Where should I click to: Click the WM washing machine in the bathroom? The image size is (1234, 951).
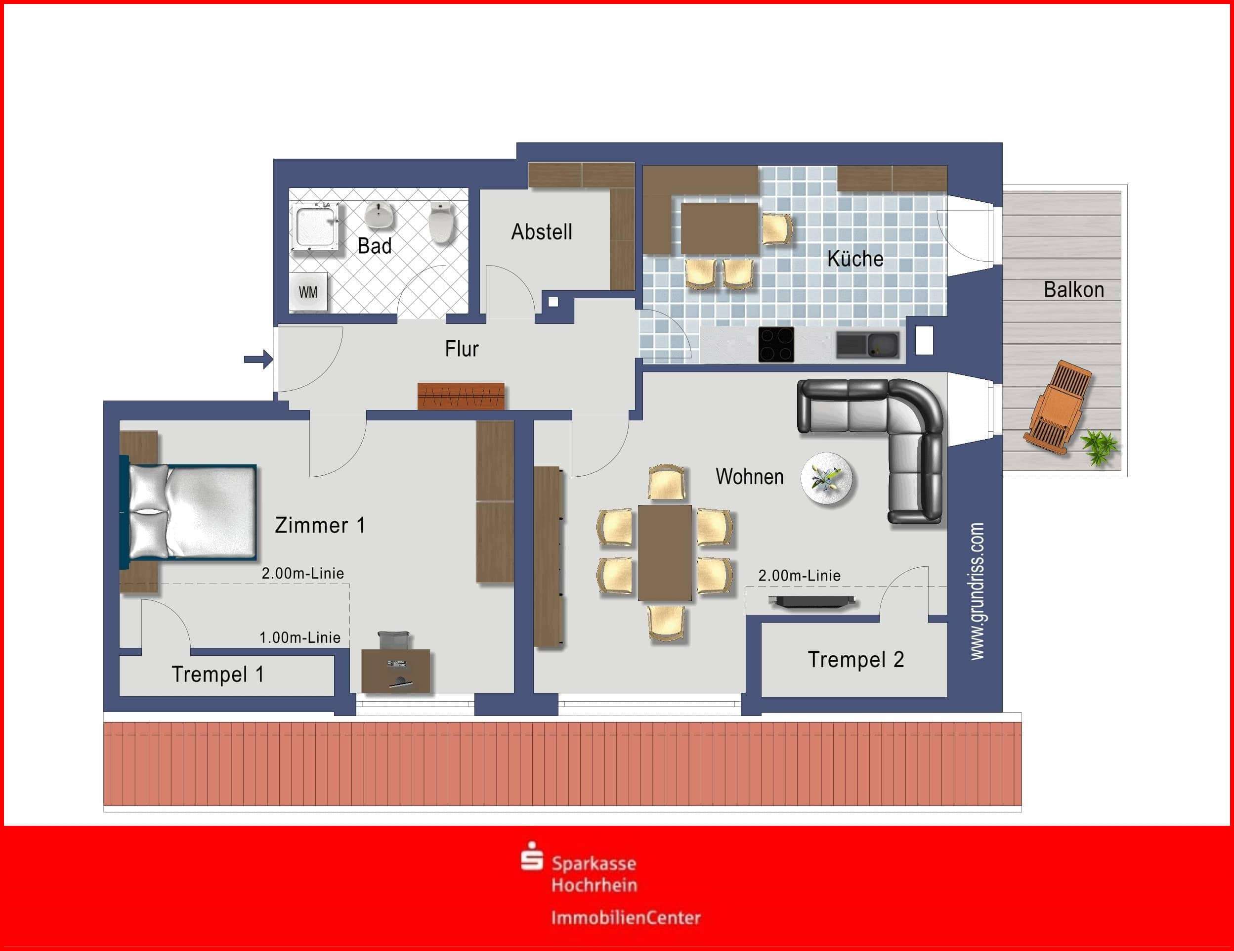coord(308,292)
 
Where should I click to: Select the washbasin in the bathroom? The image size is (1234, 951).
coord(380,216)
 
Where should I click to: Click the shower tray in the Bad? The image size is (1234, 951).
coord(316,228)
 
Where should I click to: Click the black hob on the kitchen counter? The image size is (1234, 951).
coord(776,344)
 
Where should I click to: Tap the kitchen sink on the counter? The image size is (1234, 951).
coord(867,345)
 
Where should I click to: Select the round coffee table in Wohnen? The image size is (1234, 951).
coord(828,478)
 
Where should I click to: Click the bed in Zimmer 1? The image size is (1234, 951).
coord(189,512)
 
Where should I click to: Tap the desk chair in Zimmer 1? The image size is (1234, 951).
coord(393,640)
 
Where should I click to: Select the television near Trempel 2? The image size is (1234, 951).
coord(812,601)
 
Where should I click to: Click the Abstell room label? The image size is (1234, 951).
coord(541,232)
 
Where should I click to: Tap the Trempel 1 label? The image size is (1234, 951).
coord(217,674)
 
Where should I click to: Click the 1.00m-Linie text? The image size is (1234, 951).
coord(299,638)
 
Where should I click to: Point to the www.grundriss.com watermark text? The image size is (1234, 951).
coord(977,591)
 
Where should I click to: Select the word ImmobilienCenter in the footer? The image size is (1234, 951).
coord(626,917)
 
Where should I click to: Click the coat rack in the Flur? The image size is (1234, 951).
coord(461,396)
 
